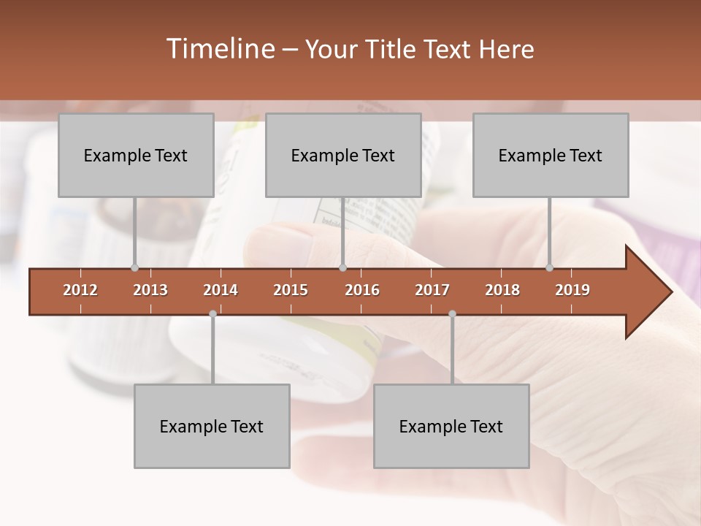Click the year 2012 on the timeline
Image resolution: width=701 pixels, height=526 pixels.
80,290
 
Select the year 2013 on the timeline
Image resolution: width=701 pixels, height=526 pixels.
150,290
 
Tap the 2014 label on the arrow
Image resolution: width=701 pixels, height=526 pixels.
221,290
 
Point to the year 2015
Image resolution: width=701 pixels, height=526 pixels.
291,290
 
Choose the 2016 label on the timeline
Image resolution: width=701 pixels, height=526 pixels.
362,290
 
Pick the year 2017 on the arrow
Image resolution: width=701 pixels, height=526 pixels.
432,290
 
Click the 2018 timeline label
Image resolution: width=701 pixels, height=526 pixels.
502,290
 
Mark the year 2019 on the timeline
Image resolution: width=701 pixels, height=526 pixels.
572,290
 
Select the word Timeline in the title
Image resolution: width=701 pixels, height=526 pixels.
219,49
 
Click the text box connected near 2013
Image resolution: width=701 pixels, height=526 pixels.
136,155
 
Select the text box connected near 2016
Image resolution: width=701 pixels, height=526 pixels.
343,155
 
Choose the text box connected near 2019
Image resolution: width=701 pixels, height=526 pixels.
551,155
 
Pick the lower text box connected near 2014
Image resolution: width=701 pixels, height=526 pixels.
212,426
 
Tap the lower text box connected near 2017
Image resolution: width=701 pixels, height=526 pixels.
451,426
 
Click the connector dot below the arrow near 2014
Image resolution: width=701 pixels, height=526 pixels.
212,314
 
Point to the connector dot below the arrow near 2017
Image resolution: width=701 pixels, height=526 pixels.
452,314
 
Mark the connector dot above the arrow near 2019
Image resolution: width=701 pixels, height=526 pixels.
550,267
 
